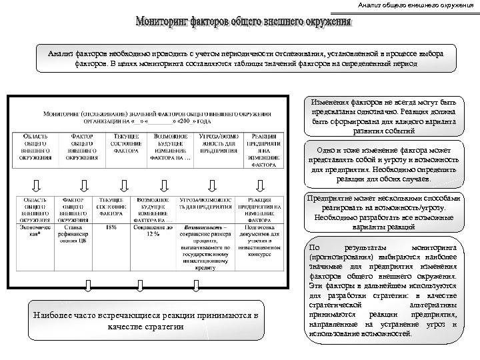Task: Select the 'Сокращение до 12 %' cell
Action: [x=155, y=232]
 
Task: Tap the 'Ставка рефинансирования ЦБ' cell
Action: [x=77, y=235]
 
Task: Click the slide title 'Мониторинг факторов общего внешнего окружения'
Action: [x=243, y=24]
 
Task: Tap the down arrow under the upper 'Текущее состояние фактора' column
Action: [x=124, y=184]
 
